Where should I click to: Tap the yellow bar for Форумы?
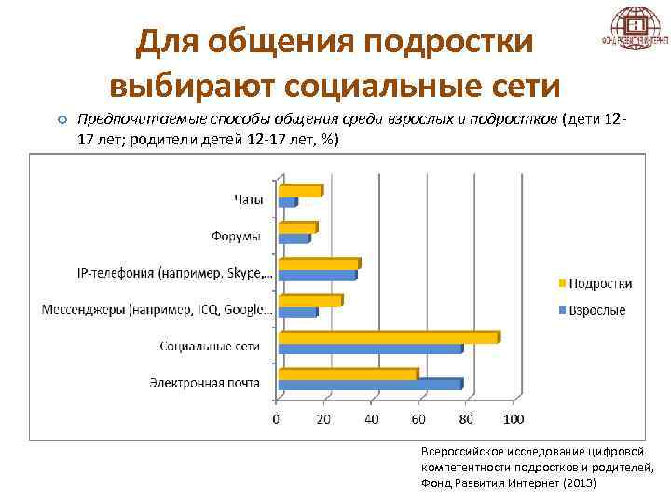[x=297, y=227]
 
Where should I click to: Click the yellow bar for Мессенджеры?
[x=310, y=301]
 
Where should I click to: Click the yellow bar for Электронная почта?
[x=348, y=374]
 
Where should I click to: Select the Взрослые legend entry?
[x=596, y=310]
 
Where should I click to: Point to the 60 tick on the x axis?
[x=419, y=419]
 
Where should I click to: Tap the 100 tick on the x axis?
[x=514, y=419]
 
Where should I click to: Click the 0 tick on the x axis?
[x=276, y=419]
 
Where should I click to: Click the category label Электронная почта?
[x=204, y=382]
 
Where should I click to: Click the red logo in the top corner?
[x=635, y=29]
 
